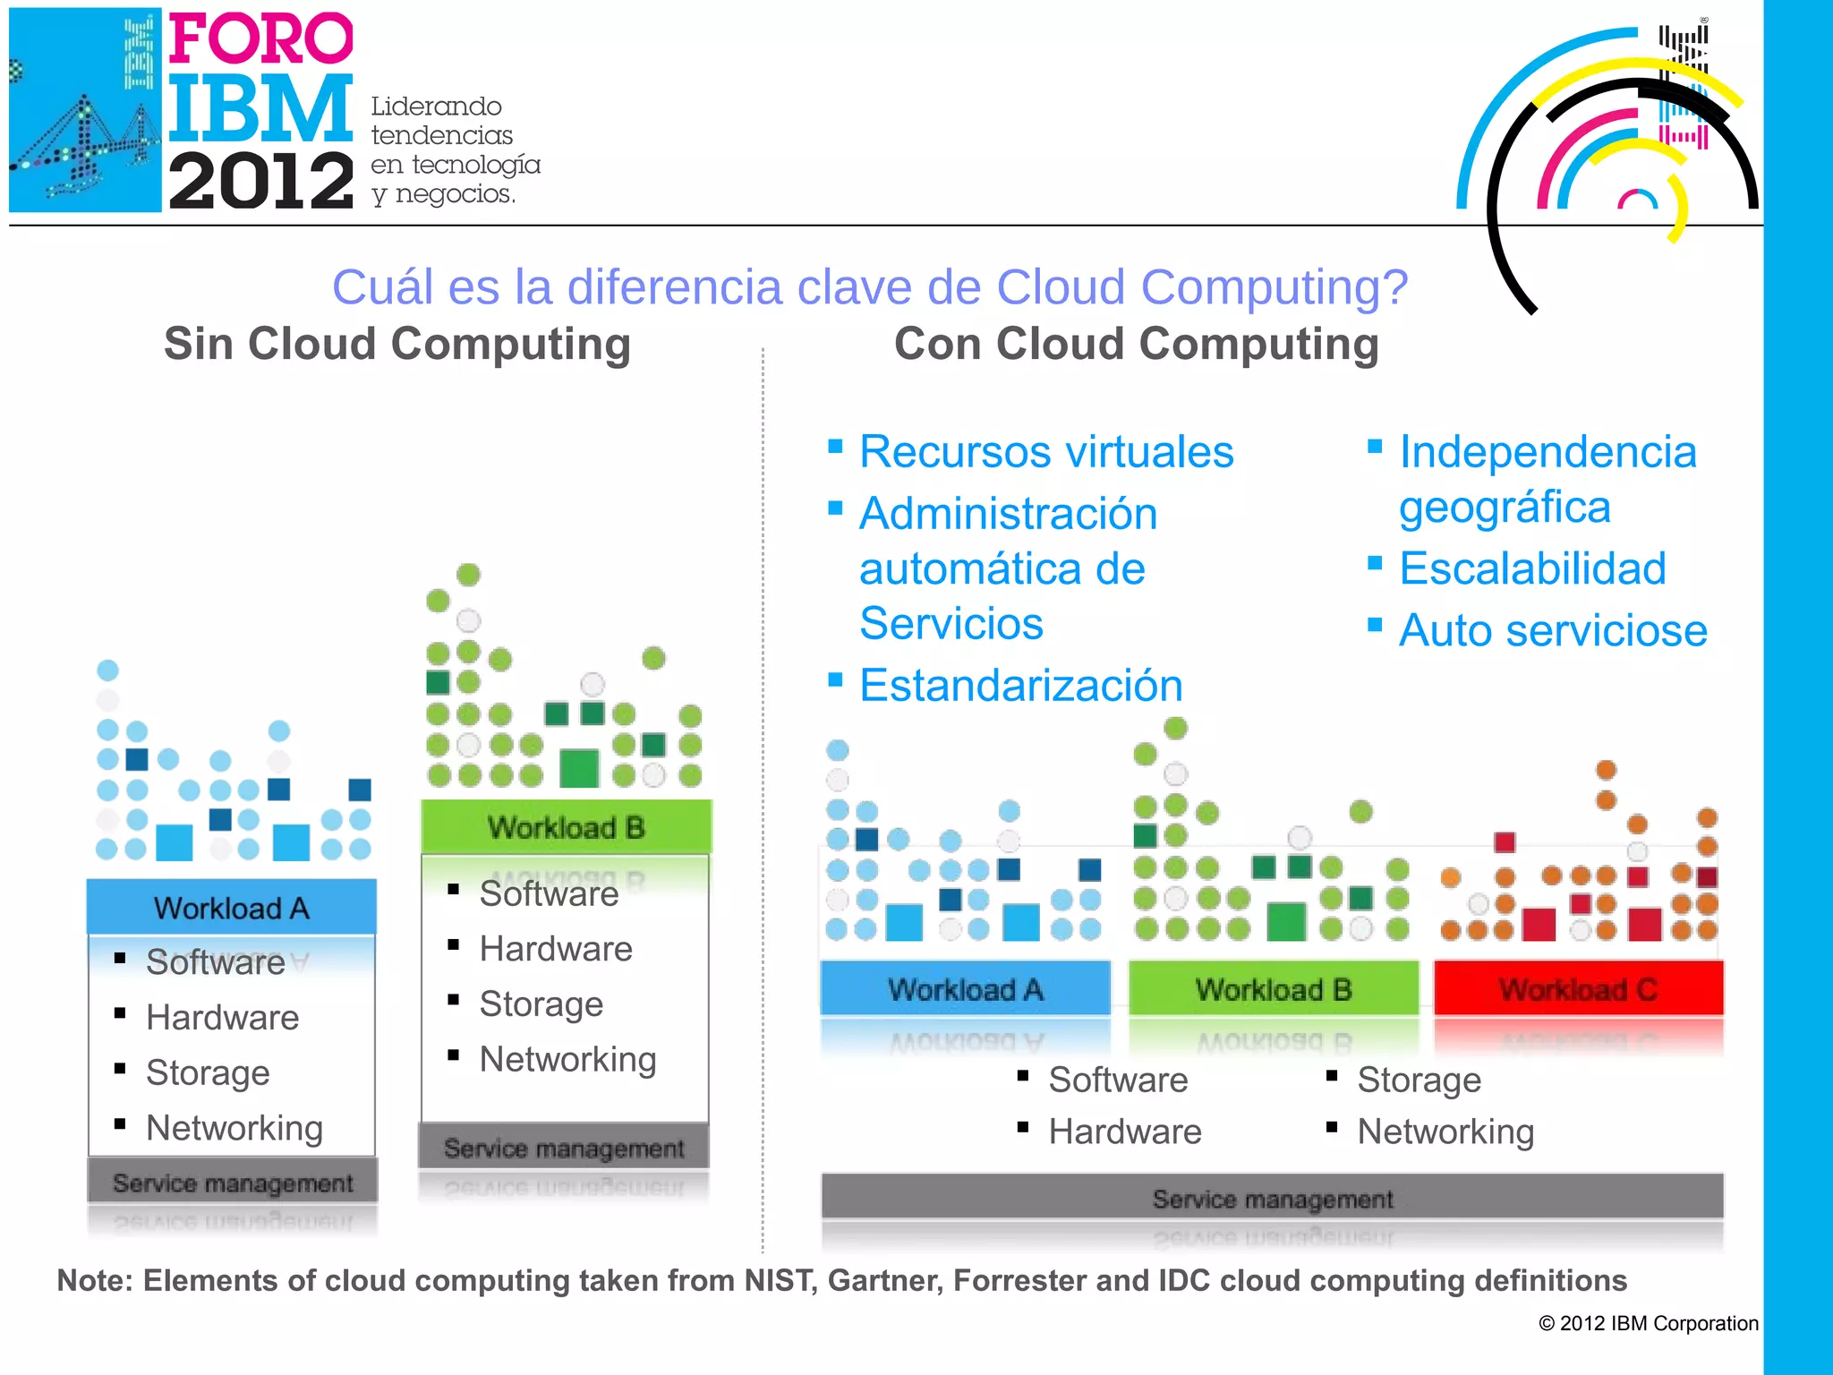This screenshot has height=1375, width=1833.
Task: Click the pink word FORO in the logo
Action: tap(260, 38)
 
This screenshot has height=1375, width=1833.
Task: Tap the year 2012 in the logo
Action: tap(260, 182)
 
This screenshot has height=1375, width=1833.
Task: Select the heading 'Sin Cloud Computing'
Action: tap(397, 345)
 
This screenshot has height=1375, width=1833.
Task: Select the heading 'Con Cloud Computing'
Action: tap(1137, 345)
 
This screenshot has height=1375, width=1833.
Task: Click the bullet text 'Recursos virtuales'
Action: tap(1046, 452)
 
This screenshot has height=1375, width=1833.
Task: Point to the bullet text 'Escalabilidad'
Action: tap(1532, 569)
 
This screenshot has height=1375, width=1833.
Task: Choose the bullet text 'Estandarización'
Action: tap(1020, 686)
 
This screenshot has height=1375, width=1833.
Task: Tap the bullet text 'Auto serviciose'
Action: tap(1553, 631)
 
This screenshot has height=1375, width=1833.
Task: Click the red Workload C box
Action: tap(1578, 989)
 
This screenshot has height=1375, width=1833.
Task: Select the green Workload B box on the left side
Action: tap(567, 827)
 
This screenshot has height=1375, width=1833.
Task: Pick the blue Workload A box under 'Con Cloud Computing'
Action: tap(965, 989)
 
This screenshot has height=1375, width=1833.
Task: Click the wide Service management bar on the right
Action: tap(1272, 1198)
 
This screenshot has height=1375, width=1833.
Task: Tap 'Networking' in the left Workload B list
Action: tap(567, 1060)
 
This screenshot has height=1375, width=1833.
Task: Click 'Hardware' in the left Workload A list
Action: tap(222, 1018)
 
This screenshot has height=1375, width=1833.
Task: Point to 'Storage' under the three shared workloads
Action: tap(1419, 1080)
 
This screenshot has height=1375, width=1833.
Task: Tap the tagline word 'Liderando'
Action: tap(436, 107)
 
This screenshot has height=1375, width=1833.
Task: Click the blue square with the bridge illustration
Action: tap(85, 110)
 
